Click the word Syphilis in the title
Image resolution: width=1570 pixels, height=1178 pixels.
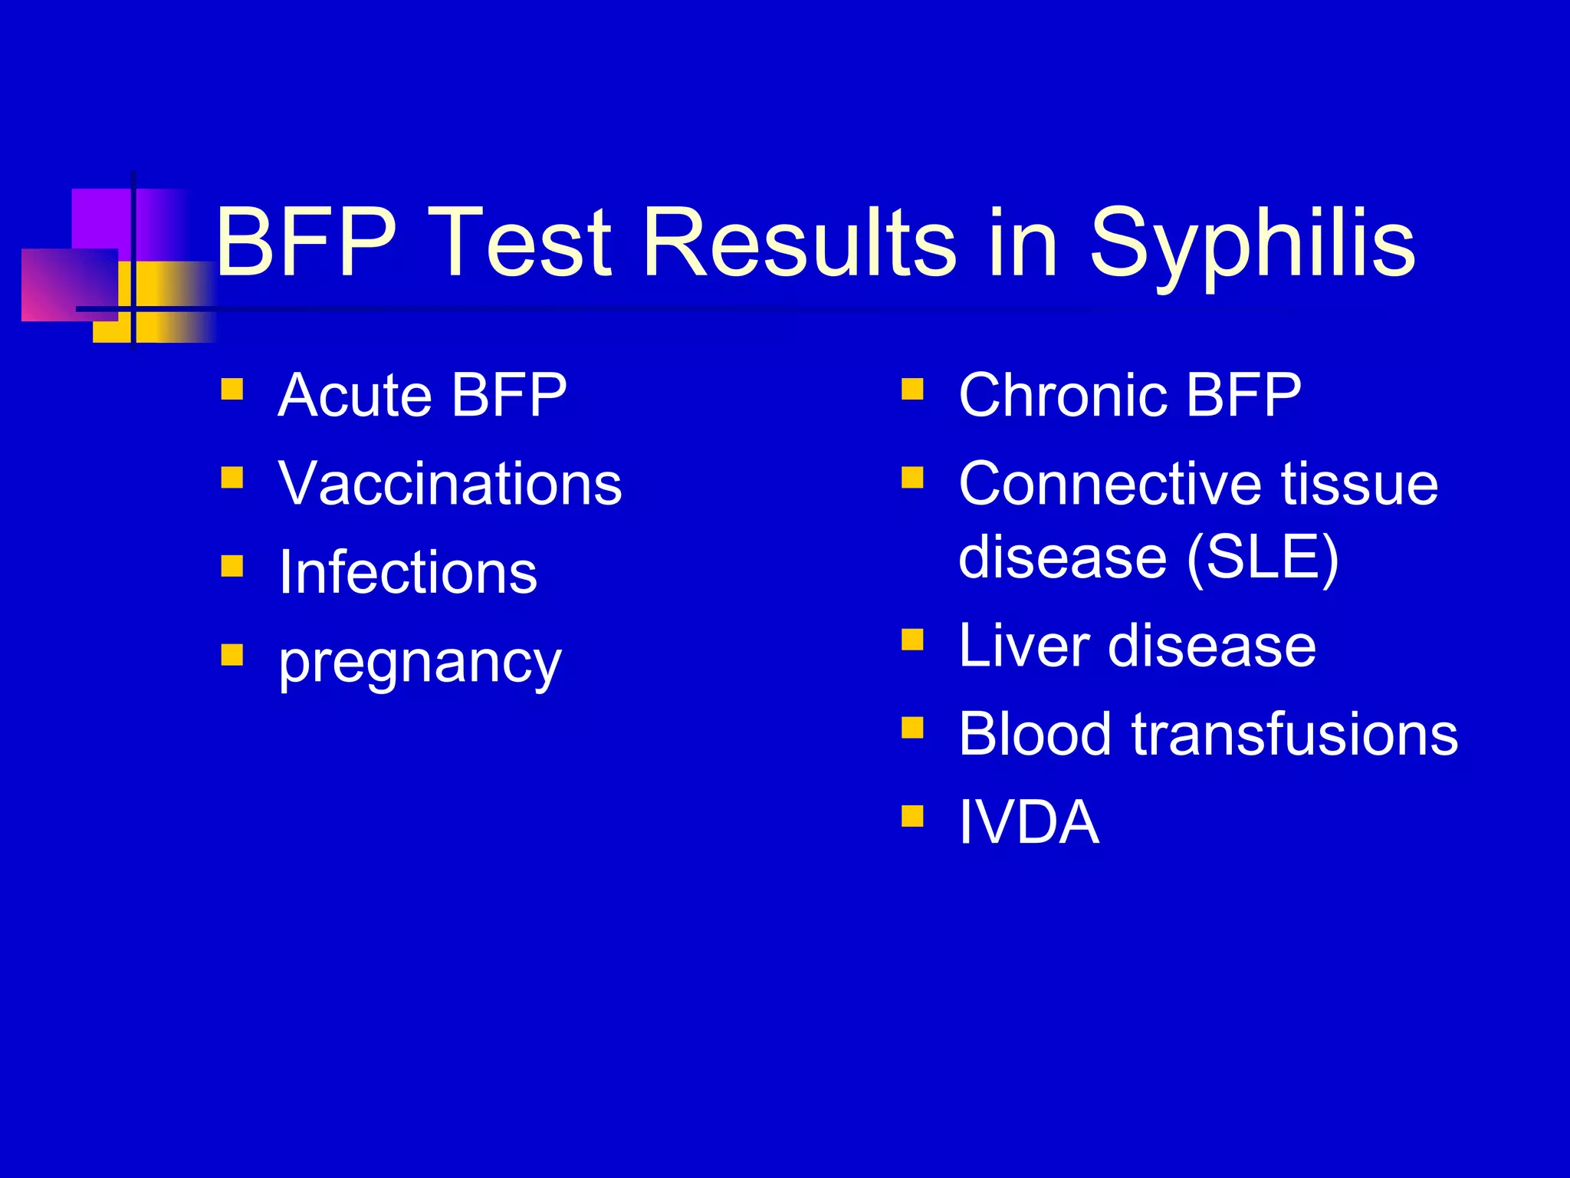(x=1252, y=244)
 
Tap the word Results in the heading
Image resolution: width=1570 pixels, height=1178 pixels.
(x=800, y=244)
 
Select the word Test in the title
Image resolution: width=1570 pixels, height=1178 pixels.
(x=522, y=244)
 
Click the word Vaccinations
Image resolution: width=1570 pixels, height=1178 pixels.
(x=450, y=484)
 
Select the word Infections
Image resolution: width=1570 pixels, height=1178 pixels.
(x=408, y=573)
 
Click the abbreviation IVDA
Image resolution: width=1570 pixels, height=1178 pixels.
(x=1029, y=822)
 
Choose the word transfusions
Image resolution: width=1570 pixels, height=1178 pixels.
(x=1295, y=734)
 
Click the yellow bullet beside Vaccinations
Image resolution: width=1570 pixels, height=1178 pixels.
(x=232, y=479)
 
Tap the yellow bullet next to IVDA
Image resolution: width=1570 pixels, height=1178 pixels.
(x=912, y=815)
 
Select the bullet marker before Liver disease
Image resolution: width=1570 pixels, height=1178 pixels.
(x=912, y=639)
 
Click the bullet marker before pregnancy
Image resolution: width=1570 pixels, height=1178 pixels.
(x=232, y=655)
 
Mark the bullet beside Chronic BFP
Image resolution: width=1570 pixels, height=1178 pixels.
(x=912, y=390)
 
